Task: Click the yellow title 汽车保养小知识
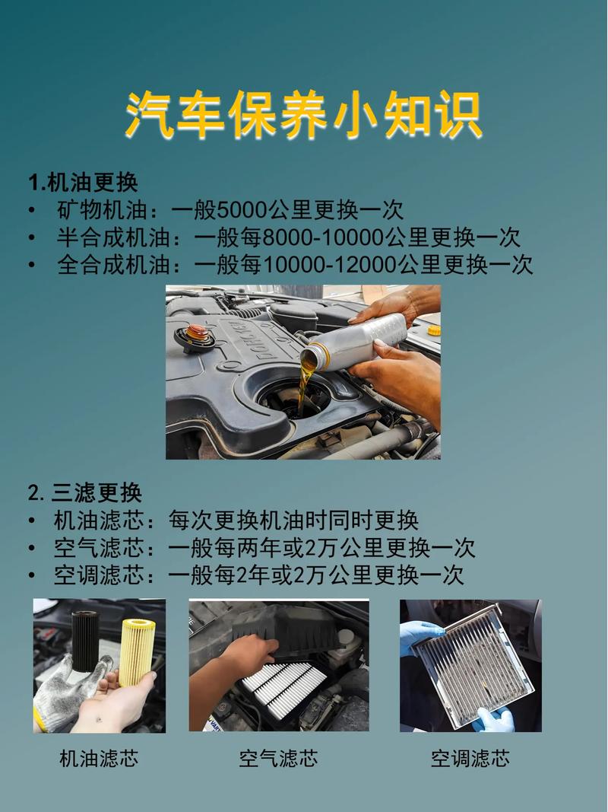tap(303, 116)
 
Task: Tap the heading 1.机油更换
tap(83, 183)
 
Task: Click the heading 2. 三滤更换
tap(85, 493)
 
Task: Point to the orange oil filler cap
tap(197, 333)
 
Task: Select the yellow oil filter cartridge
tap(138, 651)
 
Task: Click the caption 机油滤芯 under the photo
tap(99, 758)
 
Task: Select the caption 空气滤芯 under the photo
tap(278, 758)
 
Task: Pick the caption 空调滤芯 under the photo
tap(470, 758)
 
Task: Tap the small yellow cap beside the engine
tap(433, 330)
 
